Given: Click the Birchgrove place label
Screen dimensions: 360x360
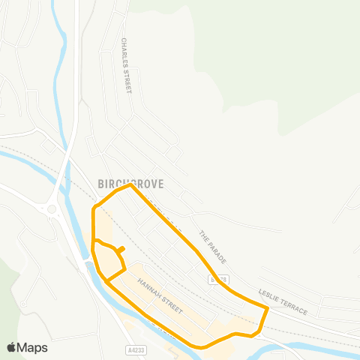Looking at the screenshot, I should (x=130, y=182).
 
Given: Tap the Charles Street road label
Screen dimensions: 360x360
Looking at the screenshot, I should (x=126, y=66).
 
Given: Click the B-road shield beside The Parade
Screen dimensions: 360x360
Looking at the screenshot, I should (x=215, y=279).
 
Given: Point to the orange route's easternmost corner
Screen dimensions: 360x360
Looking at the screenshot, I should (x=268, y=307).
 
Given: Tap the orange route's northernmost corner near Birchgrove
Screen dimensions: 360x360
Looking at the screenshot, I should (x=130, y=185).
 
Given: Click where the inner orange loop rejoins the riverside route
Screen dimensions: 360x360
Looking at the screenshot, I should (x=107, y=282).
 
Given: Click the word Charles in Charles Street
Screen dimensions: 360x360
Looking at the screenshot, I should (x=124, y=53).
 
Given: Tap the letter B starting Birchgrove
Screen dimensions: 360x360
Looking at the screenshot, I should (x=100, y=182).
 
